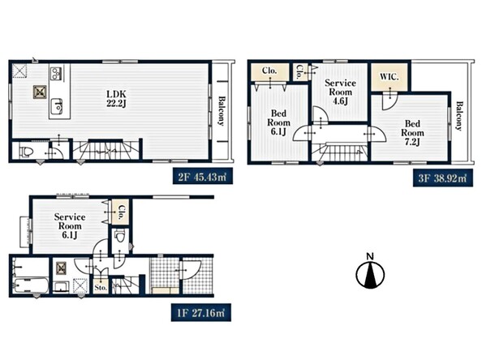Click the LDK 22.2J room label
(x=116, y=99)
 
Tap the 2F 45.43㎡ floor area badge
(x=203, y=176)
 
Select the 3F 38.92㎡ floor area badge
(x=443, y=178)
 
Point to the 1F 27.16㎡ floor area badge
(x=201, y=313)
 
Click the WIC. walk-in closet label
(x=389, y=76)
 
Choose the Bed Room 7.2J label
(x=412, y=133)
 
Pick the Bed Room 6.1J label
(x=278, y=122)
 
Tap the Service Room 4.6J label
(x=340, y=92)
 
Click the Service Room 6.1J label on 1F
(x=70, y=225)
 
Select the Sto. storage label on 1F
(x=101, y=288)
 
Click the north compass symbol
(x=370, y=272)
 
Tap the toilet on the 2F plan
(x=26, y=152)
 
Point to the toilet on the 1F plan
(x=120, y=236)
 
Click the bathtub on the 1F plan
(x=31, y=285)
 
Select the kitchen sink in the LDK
(x=57, y=105)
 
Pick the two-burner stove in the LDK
(x=56, y=74)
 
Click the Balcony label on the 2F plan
(x=222, y=111)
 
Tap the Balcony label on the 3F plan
(x=458, y=116)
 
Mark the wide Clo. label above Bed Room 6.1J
(x=269, y=71)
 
